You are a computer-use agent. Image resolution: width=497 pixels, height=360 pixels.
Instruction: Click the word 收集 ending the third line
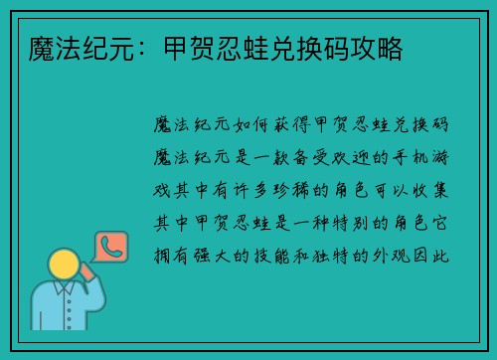[436, 190]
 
